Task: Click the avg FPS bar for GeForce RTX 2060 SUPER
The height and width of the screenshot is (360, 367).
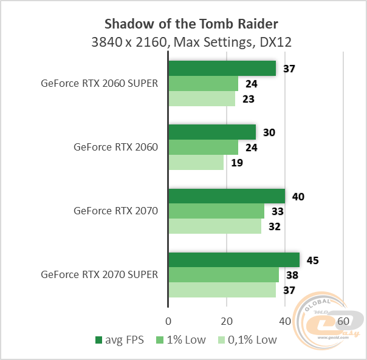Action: [x=222, y=68]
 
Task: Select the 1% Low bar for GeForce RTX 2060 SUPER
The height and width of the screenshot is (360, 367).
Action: [x=203, y=84]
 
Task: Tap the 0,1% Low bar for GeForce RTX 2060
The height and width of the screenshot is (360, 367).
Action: [x=196, y=163]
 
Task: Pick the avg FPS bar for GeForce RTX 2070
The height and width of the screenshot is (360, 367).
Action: [x=227, y=196]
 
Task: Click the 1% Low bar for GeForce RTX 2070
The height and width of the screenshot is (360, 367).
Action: [x=216, y=211]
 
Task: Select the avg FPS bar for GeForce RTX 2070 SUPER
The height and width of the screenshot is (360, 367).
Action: [x=234, y=260]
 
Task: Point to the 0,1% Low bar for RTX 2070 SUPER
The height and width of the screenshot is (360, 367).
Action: [x=222, y=290]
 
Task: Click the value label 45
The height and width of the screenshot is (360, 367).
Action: [x=312, y=260]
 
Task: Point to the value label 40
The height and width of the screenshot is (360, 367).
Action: [x=298, y=196]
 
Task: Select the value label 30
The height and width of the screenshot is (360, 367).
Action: [x=269, y=132]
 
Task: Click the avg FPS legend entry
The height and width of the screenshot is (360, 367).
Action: [x=120, y=339]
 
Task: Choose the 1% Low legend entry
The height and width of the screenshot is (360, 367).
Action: [x=182, y=339]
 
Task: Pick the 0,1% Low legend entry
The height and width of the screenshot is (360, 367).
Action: [x=248, y=339]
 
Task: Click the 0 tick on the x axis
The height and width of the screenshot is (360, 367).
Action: [x=168, y=321]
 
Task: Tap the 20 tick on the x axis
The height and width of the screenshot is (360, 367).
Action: [x=227, y=321]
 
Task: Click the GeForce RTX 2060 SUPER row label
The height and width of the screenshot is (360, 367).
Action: [x=99, y=84]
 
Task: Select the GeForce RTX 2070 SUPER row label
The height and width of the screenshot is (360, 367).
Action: [x=99, y=274]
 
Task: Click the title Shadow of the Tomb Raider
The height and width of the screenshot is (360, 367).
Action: [x=191, y=24]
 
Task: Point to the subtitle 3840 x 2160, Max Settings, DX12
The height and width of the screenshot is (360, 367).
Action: [x=191, y=42]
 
